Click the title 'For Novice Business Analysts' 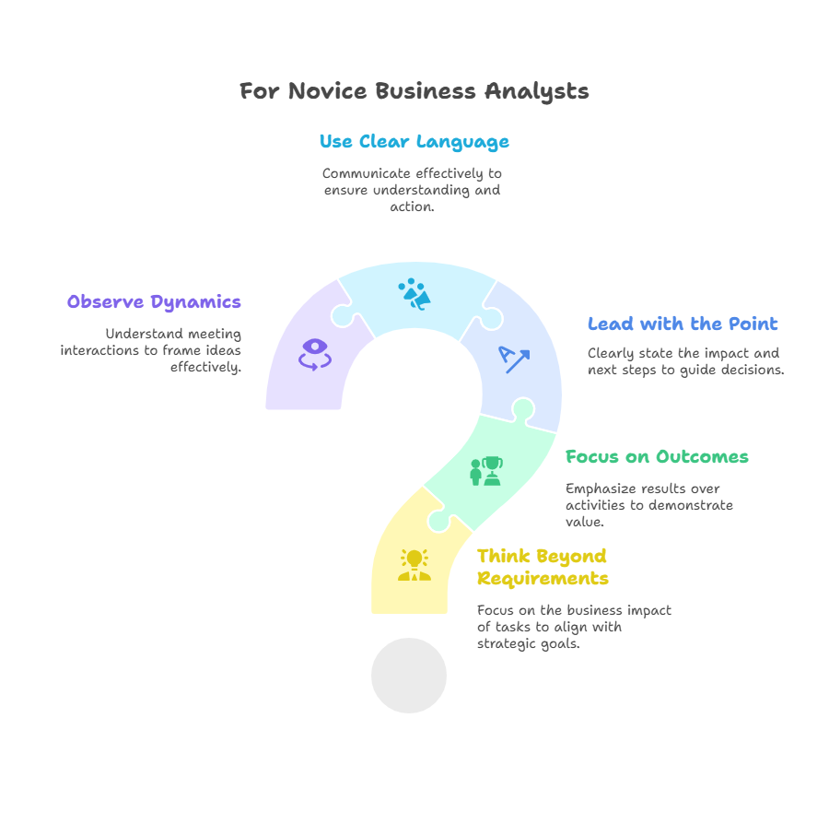click(414, 91)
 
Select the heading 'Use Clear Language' click(414, 142)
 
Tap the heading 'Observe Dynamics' click(154, 302)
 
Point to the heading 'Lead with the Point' click(683, 324)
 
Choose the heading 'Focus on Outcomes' click(657, 457)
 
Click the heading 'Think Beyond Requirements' click(543, 567)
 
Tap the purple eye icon click(315, 355)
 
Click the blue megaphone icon click(414, 294)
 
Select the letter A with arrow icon click(514, 359)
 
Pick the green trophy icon click(486, 471)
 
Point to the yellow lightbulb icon click(414, 565)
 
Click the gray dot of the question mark click(409, 676)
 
